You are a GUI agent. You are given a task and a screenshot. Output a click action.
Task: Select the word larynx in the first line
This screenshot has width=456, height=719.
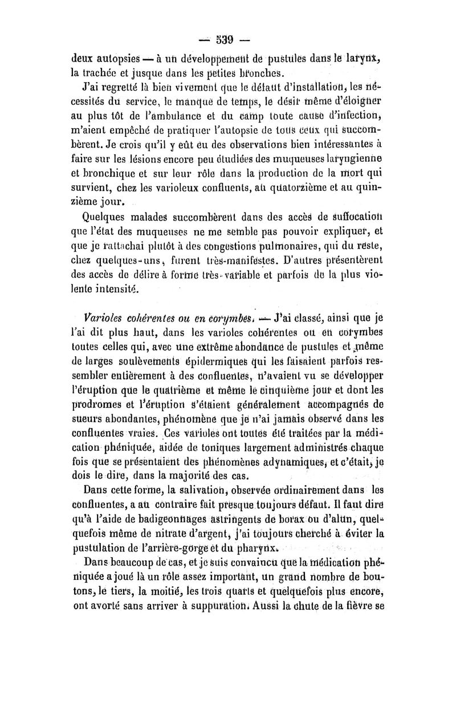point(369,57)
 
